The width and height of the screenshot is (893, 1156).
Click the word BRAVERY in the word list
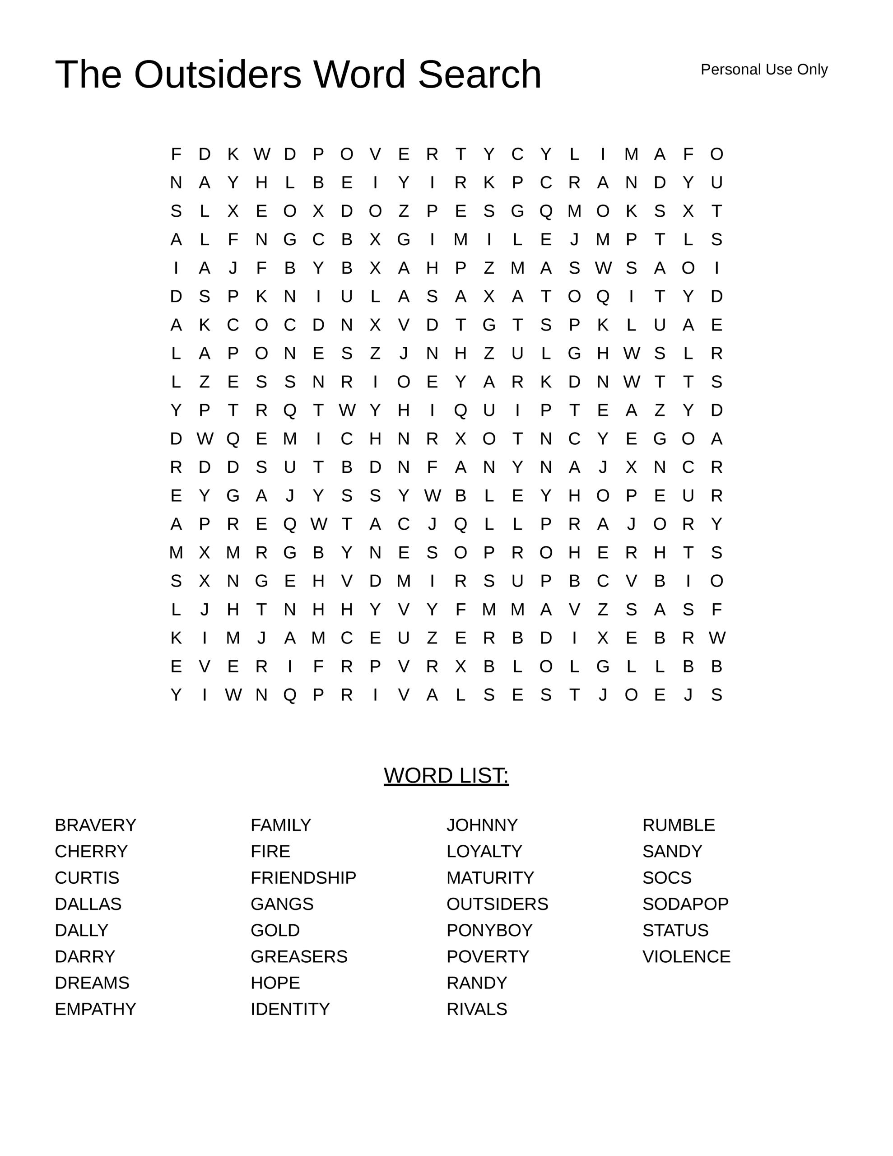95,825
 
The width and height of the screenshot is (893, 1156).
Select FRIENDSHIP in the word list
303,877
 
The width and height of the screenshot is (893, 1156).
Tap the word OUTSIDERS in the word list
497,904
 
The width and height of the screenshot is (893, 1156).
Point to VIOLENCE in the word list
686,956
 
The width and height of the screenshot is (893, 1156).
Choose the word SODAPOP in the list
685,904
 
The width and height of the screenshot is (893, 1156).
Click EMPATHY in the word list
95,1009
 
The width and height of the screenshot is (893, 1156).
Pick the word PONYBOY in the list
489,930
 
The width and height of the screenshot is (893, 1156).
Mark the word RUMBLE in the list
678,825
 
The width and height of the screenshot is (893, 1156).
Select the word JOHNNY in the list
482,825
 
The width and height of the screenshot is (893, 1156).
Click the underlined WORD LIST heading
446,775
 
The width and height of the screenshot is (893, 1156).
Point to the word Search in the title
479,74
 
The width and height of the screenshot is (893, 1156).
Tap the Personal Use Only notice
764,70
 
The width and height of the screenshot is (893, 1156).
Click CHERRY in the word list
91,852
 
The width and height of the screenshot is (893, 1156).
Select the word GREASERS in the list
298,956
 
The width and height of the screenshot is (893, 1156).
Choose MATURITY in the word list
490,877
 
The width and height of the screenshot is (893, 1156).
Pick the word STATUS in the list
675,930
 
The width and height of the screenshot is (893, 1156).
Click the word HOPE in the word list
275,983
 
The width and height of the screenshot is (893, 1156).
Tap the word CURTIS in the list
87,877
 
